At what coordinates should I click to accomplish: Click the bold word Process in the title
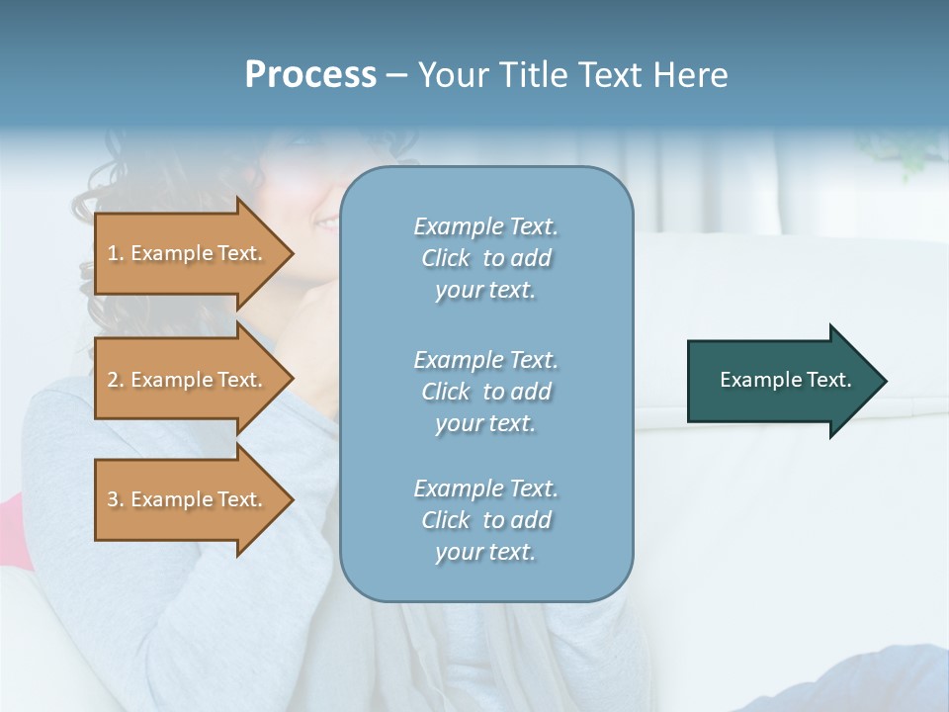[x=310, y=75]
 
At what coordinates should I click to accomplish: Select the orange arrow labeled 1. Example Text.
[x=188, y=253]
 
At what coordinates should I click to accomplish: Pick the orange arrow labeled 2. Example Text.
[x=188, y=380]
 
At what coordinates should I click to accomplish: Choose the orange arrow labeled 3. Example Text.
[x=188, y=499]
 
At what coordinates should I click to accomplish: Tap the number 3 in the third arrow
[x=113, y=499]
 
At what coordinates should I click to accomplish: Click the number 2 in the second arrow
[x=113, y=380]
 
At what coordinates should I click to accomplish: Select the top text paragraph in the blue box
[x=485, y=258]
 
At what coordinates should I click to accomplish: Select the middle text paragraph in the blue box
[x=485, y=392]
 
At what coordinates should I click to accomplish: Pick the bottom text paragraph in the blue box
[x=485, y=520]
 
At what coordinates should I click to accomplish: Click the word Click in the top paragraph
[x=445, y=258]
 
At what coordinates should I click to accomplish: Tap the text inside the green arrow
[x=785, y=380]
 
